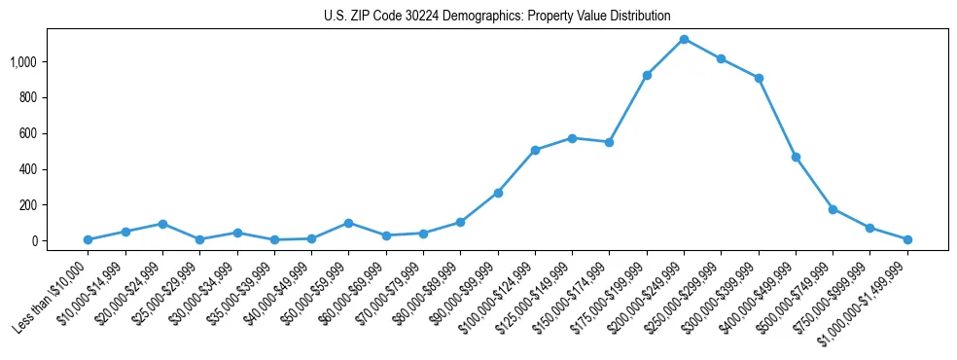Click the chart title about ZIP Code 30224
497,16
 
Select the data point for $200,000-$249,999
684,39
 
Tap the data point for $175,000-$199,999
647,75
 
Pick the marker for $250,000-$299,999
721,58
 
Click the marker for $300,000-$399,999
759,78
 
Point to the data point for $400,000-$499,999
796,157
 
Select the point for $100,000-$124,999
535,150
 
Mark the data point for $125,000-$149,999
572,138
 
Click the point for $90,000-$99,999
498,193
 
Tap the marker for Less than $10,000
88,239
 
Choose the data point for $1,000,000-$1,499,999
907,239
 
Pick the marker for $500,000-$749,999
833,209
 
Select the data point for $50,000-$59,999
348,223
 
